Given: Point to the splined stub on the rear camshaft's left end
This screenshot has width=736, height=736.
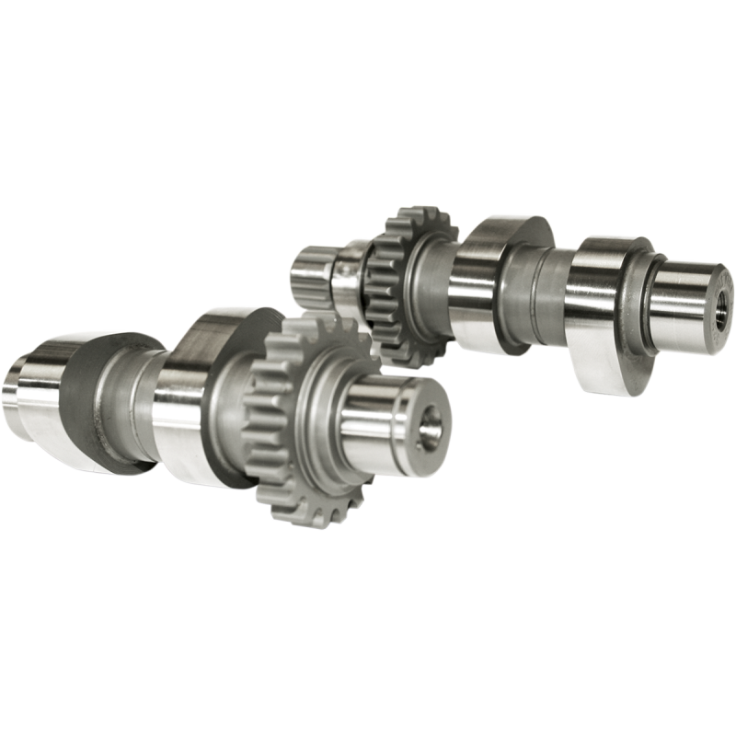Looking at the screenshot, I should pos(308,272).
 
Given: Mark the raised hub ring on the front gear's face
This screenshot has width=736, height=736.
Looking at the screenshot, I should pos(322,405).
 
